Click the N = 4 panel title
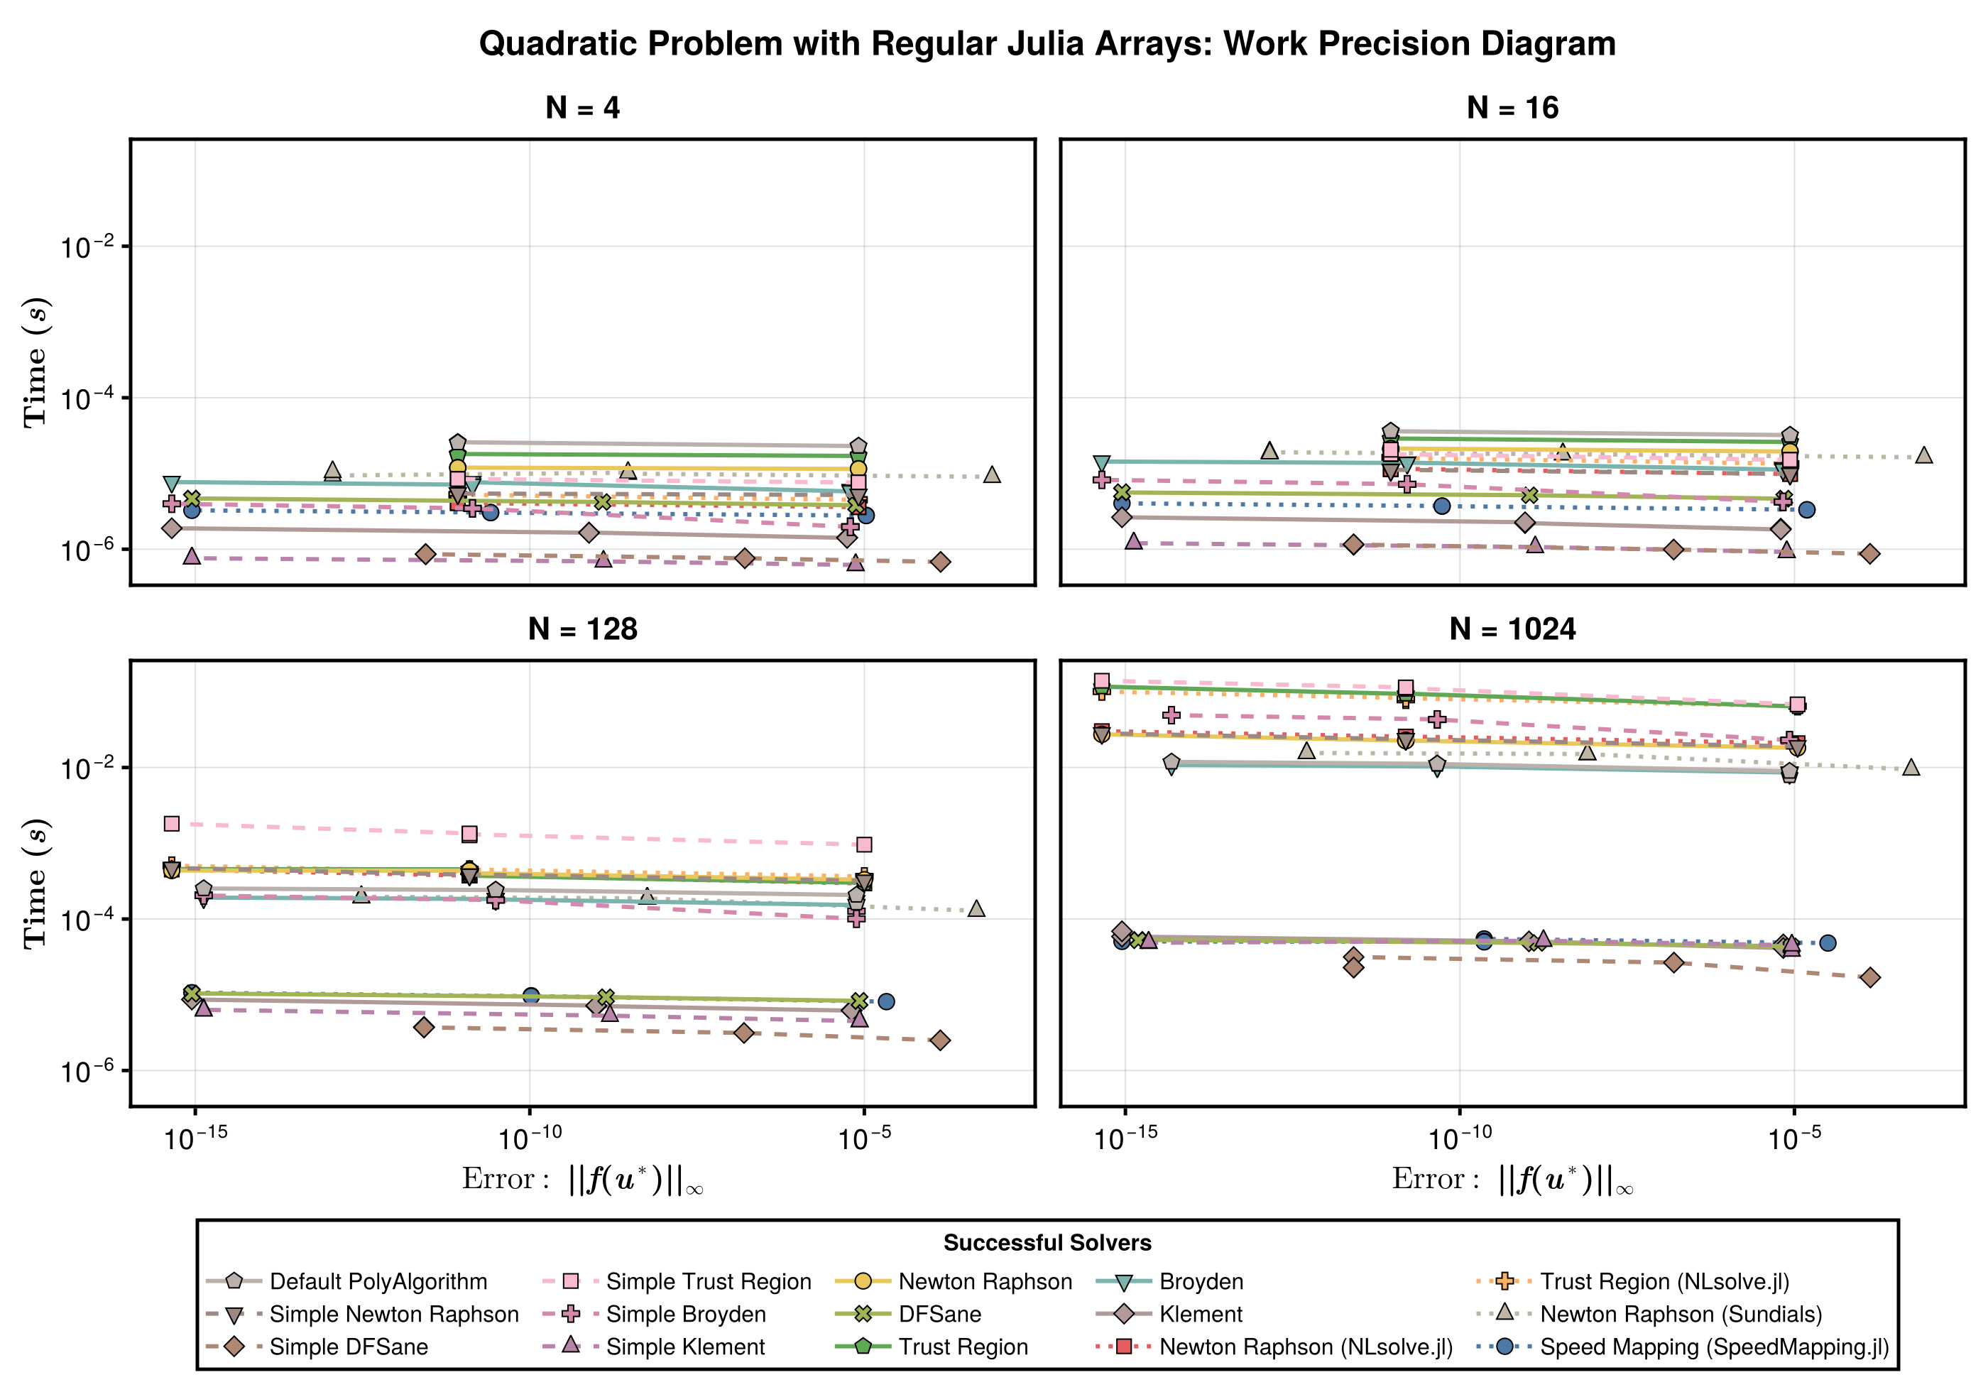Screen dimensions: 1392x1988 click(582, 107)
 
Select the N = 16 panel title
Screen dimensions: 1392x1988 click(1512, 107)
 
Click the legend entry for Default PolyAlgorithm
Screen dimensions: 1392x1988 click(378, 1281)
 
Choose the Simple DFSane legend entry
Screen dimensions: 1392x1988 click(348, 1347)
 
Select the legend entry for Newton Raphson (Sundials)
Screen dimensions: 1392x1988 click(1680, 1314)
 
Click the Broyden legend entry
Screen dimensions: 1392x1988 click(1200, 1281)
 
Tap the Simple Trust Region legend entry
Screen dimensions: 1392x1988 click(709, 1281)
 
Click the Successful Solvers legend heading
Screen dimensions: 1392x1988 click(1047, 1243)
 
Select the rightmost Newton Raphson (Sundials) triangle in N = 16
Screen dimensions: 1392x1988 click(1923, 456)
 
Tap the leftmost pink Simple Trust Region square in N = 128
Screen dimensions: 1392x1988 click(171, 824)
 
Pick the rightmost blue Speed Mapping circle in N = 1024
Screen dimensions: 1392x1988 click(1827, 942)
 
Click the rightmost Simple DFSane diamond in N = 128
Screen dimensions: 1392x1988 click(939, 1040)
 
